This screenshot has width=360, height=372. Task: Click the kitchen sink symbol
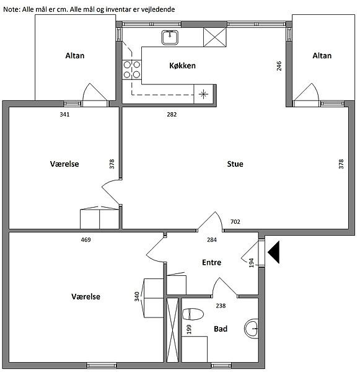[170, 37]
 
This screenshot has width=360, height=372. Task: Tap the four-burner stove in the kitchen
[132, 69]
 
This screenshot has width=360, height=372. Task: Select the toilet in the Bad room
[193, 314]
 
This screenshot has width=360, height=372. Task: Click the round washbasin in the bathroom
[252, 329]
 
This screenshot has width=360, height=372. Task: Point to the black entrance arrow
[274, 252]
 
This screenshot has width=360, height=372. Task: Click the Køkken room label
[182, 66]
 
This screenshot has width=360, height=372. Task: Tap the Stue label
[235, 164]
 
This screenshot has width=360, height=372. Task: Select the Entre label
[211, 262]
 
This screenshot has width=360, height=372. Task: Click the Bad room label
[221, 329]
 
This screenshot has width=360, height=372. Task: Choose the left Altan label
[75, 56]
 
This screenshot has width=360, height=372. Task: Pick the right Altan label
[322, 56]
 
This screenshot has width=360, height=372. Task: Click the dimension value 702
[235, 221]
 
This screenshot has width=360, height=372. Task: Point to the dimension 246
[279, 66]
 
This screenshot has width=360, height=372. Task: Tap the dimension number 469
[86, 239]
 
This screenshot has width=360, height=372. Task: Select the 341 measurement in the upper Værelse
[64, 114]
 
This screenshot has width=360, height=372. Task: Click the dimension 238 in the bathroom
[221, 306]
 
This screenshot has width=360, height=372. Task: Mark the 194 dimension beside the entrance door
[252, 263]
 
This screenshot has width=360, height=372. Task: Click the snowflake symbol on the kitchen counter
[203, 94]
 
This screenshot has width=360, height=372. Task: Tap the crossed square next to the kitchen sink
[215, 37]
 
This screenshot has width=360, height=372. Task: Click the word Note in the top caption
[12, 9]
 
